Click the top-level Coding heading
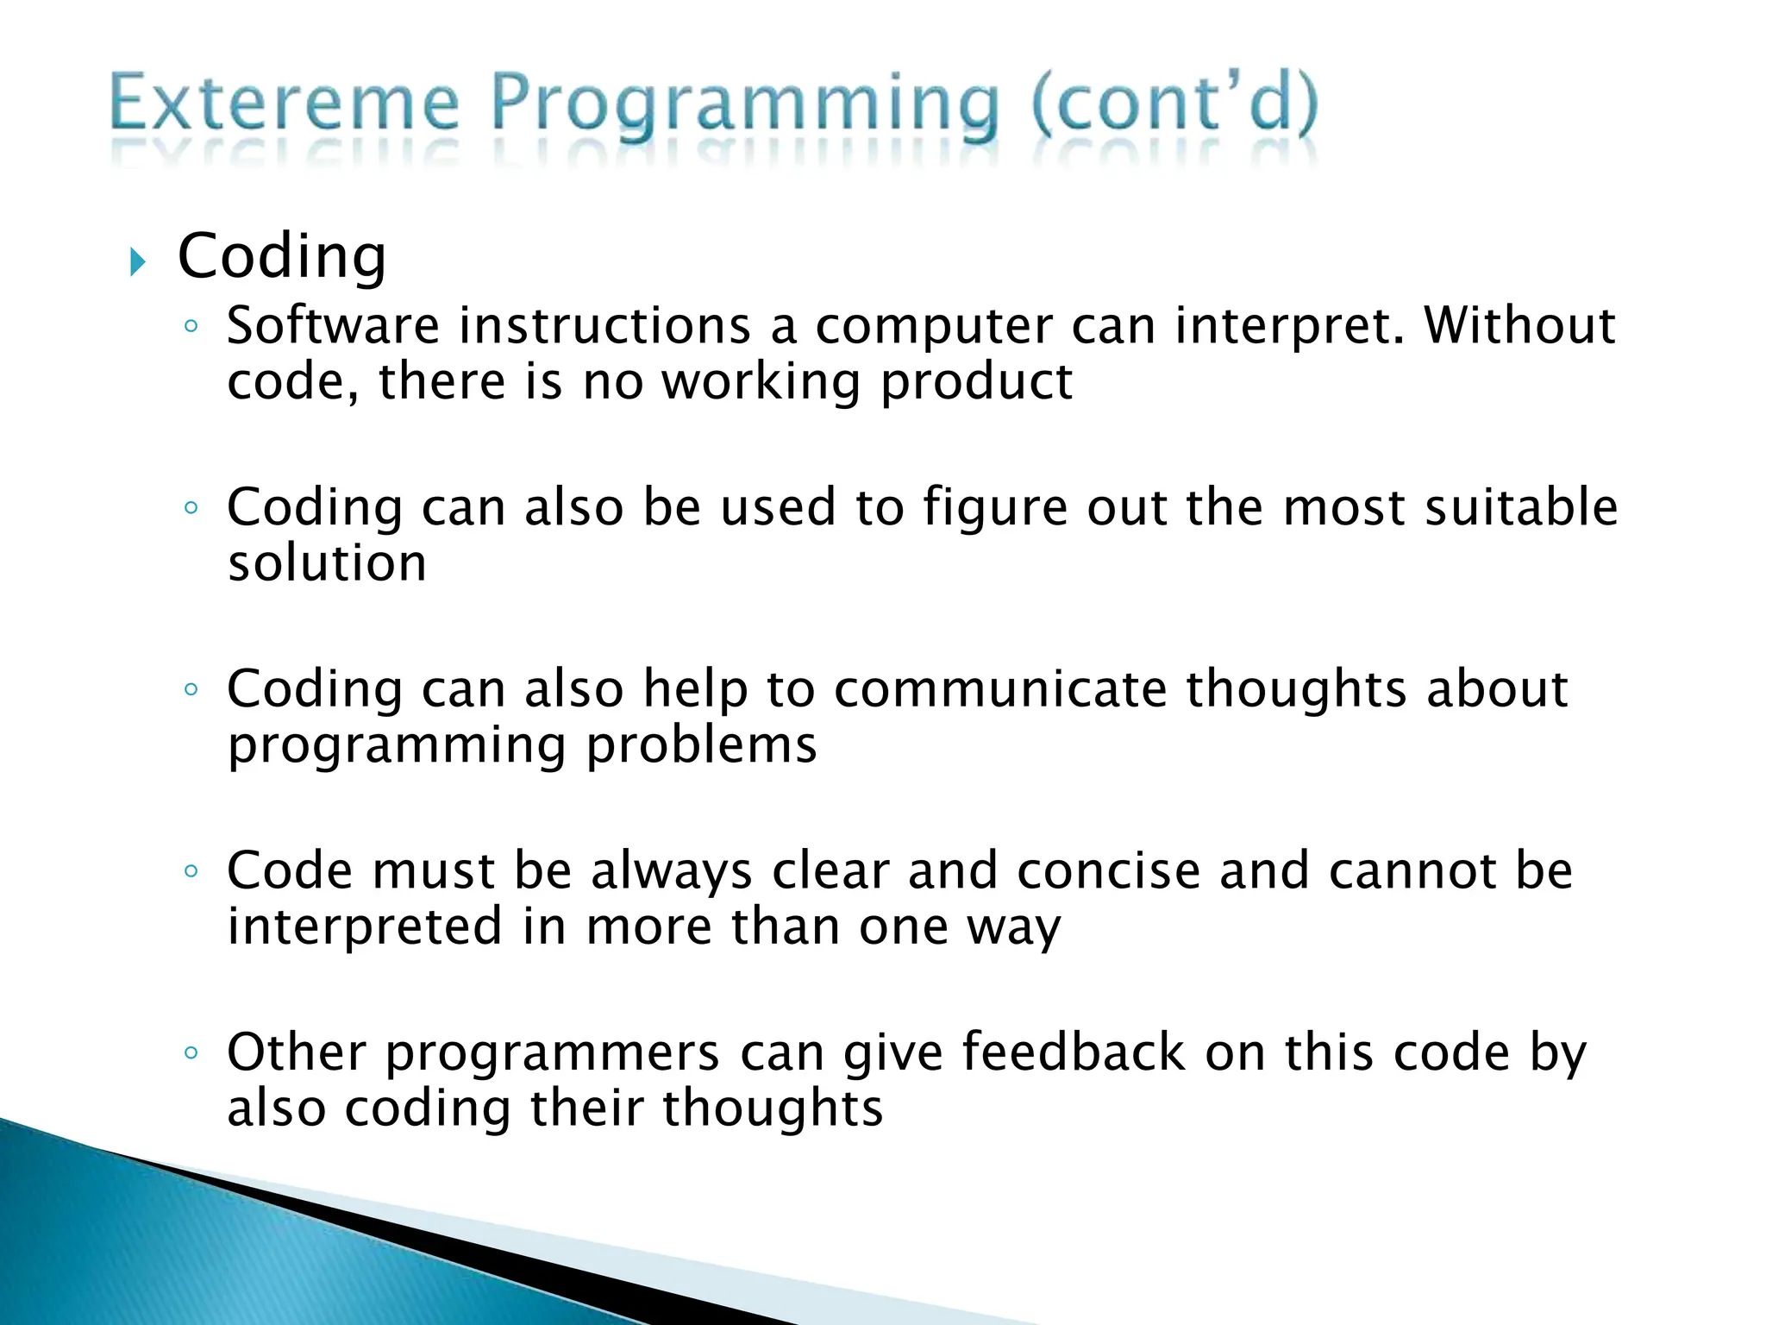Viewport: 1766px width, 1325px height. [282, 257]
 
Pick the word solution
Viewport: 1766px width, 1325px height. [327, 563]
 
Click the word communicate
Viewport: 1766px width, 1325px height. [999, 689]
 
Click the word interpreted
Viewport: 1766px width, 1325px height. [365, 926]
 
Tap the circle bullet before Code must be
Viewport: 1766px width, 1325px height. [191, 871]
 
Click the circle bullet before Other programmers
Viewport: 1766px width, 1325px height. [191, 1053]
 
